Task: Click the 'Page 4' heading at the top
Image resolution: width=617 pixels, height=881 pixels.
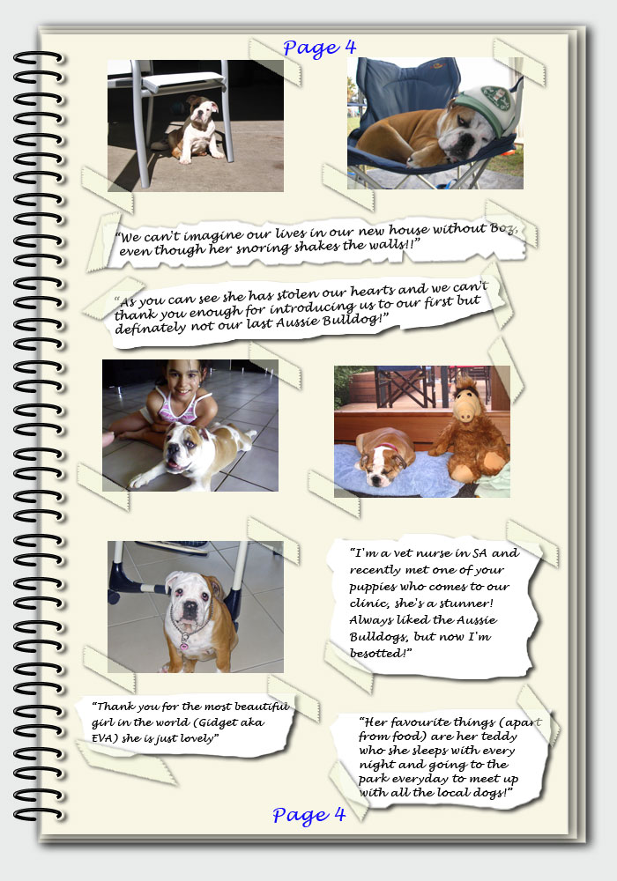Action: tap(319, 48)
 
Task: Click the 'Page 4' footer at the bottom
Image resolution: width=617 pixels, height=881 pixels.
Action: tap(308, 815)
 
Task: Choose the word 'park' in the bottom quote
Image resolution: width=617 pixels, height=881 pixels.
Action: tap(373, 780)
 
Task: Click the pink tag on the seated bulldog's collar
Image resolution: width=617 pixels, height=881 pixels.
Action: tap(183, 645)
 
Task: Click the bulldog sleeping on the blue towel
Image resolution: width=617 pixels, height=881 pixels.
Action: tap(385, 456)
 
